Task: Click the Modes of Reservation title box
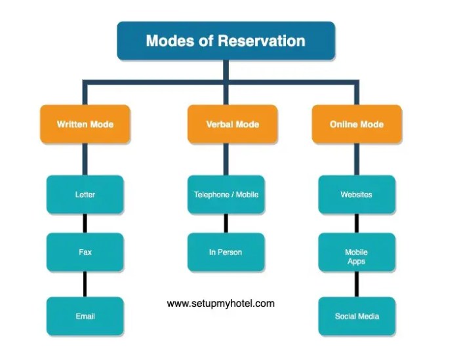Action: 226,41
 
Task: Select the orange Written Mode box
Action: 85,124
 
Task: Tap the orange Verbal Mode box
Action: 226,124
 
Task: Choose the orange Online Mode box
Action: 357,124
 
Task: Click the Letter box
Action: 85,194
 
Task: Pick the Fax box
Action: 85,252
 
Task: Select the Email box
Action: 85,316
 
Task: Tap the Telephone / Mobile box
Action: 226,194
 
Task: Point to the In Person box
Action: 226,252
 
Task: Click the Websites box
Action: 357,194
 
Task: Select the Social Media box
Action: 357,316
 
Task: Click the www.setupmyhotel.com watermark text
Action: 221,304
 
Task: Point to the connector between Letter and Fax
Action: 85,223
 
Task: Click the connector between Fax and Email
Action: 85,284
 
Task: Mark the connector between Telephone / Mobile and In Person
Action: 226,223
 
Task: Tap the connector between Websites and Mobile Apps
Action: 357,223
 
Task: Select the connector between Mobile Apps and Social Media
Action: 357,284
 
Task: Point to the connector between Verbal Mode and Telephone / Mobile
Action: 226,159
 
